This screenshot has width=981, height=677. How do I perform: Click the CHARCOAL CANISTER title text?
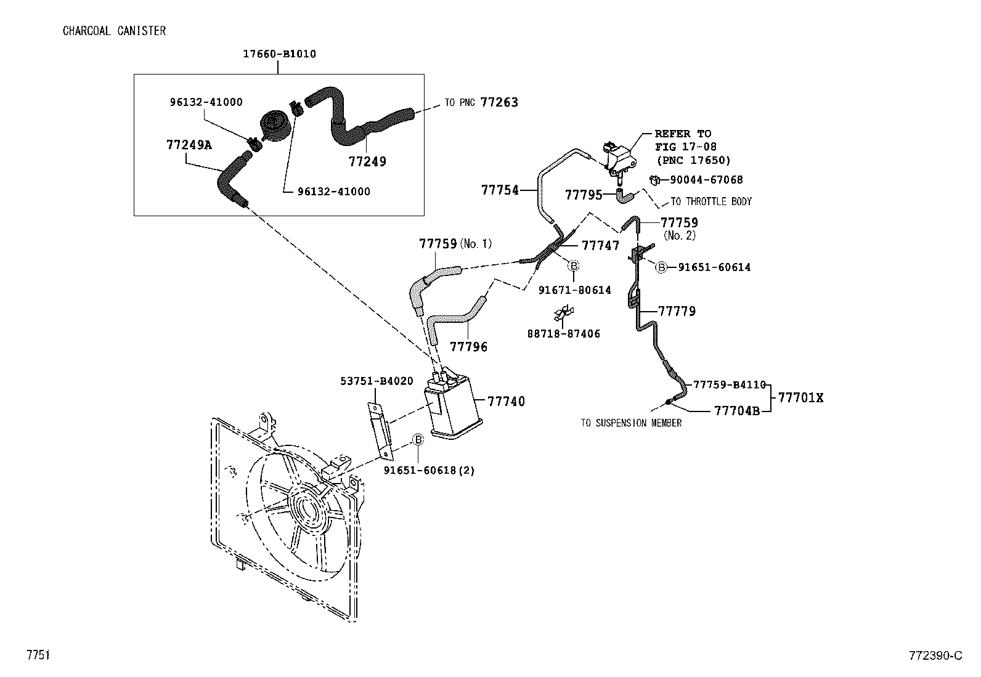pyautogui.click(x=114, y=31)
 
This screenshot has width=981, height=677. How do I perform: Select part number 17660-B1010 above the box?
pyautogui.click(x=279, y=54)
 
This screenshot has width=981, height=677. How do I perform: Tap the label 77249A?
pyautogui.click(x=189, y=145)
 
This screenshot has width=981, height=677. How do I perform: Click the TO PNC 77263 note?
pyautogui.click(x=481, y=102)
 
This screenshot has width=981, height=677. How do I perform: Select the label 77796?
pyautogui.click(x=468, y=347)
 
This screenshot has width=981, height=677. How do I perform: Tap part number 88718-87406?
pyautogui.click(x=563, y=334)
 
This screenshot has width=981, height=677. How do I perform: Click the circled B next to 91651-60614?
pyautogui.click(x=661, y=267)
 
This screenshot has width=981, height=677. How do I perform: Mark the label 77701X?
pyautogui.click(x=800, y=398)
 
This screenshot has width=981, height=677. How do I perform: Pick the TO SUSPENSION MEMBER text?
pyautogui.click(x=631, y=423)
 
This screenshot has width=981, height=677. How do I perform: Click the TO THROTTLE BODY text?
pyautogui.click(x=710, y=202)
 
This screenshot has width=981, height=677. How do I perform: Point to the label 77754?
pyautogui.click(x=500, y=190)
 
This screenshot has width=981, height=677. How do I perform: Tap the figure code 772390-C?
pyautogui.click(x=935, y=655)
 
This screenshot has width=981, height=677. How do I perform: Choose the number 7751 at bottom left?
pyautogui.click(x=37, y=655)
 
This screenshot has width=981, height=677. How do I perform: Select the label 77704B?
pyautogui.click(x=737, y=411)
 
